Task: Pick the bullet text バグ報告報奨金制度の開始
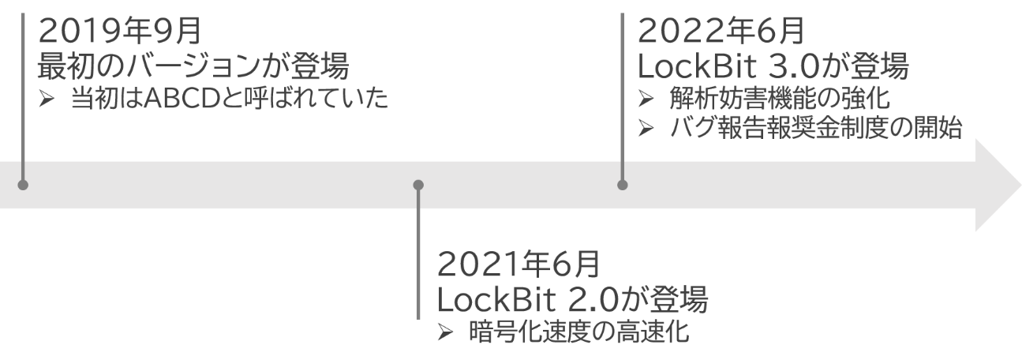[817, 129]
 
